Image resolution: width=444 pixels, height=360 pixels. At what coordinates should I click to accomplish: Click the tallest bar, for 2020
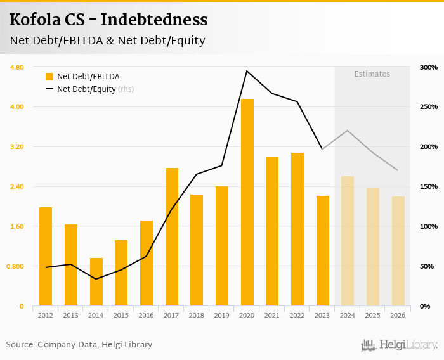(x=247, y=202)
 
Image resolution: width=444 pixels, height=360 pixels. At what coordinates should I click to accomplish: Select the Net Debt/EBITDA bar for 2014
(x=96, y=281)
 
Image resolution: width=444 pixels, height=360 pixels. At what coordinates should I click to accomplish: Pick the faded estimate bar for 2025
(x=373, y=247)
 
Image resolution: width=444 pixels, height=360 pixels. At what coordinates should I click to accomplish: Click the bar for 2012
(x=46, y=256)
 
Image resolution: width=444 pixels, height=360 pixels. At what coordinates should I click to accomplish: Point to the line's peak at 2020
(x=247, y=70)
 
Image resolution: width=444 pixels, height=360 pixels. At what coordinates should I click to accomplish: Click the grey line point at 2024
(x=348, y=131)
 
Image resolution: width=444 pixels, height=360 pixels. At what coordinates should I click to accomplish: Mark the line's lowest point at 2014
(x=96, y=279)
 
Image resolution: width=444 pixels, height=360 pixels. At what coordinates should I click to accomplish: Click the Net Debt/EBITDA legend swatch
(x=49, y=77)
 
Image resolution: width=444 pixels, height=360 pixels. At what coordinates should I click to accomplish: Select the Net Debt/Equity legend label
(x=86, y=89)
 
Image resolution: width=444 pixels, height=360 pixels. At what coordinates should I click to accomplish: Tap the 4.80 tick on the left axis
(x=16, y=67)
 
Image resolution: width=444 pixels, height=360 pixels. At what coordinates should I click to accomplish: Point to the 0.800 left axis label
(x=15, y=266)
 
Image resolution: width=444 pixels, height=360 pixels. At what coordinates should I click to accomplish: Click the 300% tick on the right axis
(x=428, y=67)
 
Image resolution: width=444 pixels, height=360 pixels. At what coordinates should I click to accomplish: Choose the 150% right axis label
(x=428, y=187)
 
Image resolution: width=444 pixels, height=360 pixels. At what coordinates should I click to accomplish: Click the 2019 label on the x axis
(x=221, y=315)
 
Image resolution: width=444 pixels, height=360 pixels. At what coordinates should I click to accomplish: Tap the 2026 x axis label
(x=398, y=315)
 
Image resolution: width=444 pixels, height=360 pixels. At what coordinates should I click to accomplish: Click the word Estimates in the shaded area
(x=372, y=74)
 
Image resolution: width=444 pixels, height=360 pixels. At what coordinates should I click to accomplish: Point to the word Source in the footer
(x=19, y=345)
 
